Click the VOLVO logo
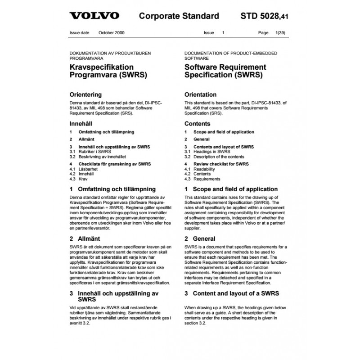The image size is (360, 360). click(94, 16)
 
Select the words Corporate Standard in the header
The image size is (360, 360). click(179, 16)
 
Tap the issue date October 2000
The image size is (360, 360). click(112, 33)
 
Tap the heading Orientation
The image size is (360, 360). click(200, 95)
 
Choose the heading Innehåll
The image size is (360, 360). click(82, 123)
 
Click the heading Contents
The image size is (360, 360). click(197, 123)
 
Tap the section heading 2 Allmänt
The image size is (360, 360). click(85, 238)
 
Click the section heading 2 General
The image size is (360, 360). click(200, 238)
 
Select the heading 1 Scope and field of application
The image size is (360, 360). click(231, 189)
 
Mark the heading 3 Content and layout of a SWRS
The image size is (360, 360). click(232, 293)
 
